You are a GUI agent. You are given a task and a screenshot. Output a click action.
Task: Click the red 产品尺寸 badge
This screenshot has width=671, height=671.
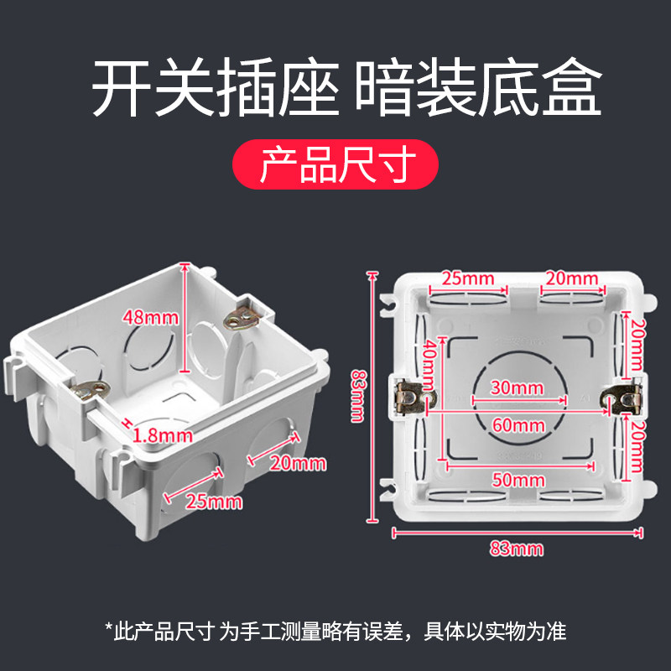(x=335, y=164)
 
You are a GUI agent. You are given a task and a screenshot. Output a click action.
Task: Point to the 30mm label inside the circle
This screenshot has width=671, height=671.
(x=514, y=388)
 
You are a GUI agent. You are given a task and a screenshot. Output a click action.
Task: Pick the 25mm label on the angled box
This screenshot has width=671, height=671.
(x=215, y=502)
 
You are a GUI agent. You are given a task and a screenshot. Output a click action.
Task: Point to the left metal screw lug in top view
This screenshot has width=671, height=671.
(x=411, y=395)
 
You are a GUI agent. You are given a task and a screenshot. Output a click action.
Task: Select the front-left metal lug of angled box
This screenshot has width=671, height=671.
(x=91, y=390)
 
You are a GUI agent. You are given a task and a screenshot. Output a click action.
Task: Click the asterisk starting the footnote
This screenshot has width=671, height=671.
(x=109, y=629)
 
